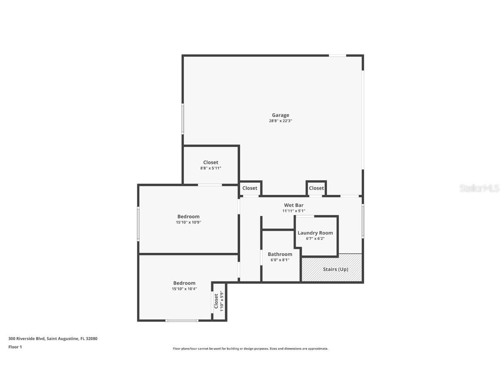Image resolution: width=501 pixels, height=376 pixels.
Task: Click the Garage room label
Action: (x=281, y=115)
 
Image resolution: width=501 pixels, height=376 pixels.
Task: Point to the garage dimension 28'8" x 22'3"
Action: (x=281, y=121)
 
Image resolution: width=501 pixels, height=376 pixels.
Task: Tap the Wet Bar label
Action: (x=294, y=205)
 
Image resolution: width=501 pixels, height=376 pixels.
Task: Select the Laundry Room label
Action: (x=315, y=233)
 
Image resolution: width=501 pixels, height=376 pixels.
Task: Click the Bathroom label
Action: (x=280, y=254)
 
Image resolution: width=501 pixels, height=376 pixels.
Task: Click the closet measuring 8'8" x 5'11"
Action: (x=210, y=165)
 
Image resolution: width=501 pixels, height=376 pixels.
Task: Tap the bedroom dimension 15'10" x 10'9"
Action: (x=188, y=222)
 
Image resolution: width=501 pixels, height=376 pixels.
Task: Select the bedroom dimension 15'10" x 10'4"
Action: (x=184, y=289)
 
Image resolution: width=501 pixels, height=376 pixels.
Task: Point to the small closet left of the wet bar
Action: (x=250, y=188)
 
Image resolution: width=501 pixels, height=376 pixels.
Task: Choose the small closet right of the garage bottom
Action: (x=316, y=188)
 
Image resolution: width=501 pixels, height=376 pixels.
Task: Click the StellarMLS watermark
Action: (x=480, y=188)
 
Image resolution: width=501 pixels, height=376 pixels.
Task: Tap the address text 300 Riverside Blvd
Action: (x=53, y=338)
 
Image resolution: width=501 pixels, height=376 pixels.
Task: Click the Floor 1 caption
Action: (x=15, y=347)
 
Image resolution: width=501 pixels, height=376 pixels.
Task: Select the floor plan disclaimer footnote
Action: (x=250, y=349)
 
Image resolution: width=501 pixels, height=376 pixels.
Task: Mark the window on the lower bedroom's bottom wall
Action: (x=182, y=321)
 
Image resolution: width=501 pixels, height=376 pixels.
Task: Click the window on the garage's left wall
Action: (x=183, y=118)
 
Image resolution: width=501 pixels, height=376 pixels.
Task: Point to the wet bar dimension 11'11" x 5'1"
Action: (x=294, y=211)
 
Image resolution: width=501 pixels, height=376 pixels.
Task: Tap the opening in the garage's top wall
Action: (x=337, y=55)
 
